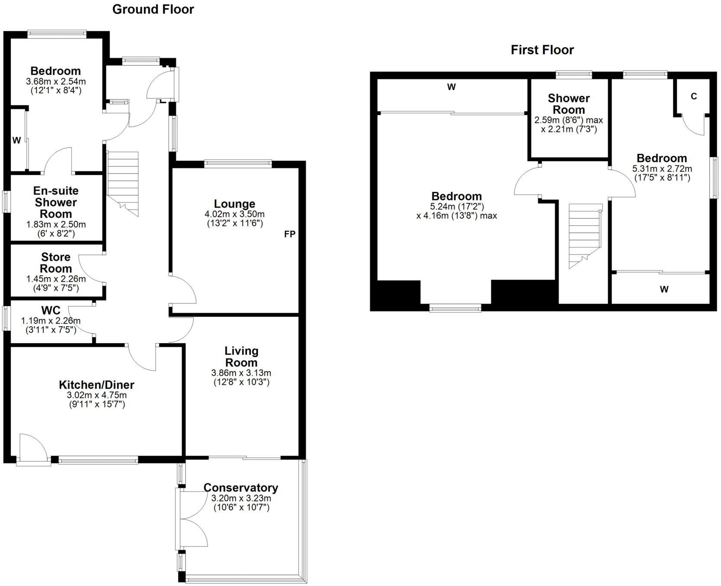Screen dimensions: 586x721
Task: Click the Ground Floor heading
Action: pyautogui.click(x=153, y=10)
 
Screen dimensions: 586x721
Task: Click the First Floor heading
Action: pyautogui.click(x=542, y=50)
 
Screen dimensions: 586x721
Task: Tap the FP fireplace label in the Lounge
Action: pyautogui.click(x=289, y=234)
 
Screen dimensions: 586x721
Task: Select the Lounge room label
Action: pyautogui.click(x=234, y=204)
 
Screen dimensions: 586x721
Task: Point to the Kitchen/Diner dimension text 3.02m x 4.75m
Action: pyautogui.click(x=97, y=395)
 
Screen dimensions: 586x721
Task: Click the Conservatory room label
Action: pyautogui.click(x=240, y=488)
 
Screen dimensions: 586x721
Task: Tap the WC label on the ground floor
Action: pyautogui.click(x=51, y=310)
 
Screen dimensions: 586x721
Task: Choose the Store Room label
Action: pyautogui.click(x=56, y=263)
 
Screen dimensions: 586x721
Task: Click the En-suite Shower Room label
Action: pyautogui.click(x=56, y=202)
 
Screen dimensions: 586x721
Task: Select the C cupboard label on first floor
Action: pyautogui.click(x=694, y=97)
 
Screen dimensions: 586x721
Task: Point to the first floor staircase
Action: pyautogui.click(x=585, y=234)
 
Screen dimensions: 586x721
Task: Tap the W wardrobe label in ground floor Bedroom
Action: pyautogui.click(x=16, y=140)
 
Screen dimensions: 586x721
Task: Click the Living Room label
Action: pyautogui.click(x=241, y=357)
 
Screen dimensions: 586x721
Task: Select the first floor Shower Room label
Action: pyautogui.click(x=568, y=104)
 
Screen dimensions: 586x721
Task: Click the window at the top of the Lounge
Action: pyautogui.click(x=238, y=163)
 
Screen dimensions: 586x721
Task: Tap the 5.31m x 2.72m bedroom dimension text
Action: pyautogui.click(x=662, y=169)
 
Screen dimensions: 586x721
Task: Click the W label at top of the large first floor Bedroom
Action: pyautogui.click(x=451, y=87)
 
